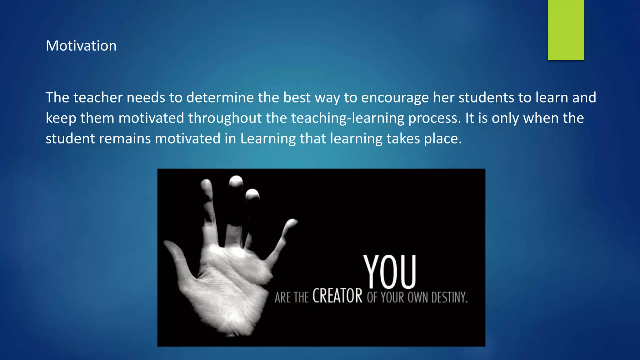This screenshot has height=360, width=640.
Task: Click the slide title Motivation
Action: (81, 46)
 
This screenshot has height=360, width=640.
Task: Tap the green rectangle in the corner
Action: (566, 30)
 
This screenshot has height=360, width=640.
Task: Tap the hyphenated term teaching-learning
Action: (348, 118)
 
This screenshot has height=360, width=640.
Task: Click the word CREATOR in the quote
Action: (337, 296)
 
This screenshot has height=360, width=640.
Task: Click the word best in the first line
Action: (297, 97)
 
